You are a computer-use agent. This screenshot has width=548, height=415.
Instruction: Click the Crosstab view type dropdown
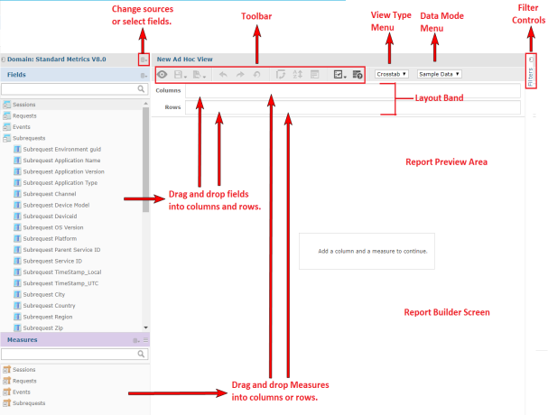[x=391, y=73]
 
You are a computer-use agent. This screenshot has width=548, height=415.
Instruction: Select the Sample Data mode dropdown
[x=440, y=73]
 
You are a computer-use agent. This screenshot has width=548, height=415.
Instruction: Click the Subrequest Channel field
[x=50, y=194]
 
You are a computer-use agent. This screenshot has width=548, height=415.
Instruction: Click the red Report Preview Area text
[x=446, y=161]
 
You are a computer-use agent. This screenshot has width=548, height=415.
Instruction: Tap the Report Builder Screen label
[x=447, y=311]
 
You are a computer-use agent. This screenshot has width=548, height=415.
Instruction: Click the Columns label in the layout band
[x=168, y=90]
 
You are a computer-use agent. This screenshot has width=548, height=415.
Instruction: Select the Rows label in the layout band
[x=172, y=107]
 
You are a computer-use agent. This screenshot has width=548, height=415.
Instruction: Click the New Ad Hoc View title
[x=185, y=59]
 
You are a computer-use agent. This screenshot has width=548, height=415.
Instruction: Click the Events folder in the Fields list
[x=23, y=127]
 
